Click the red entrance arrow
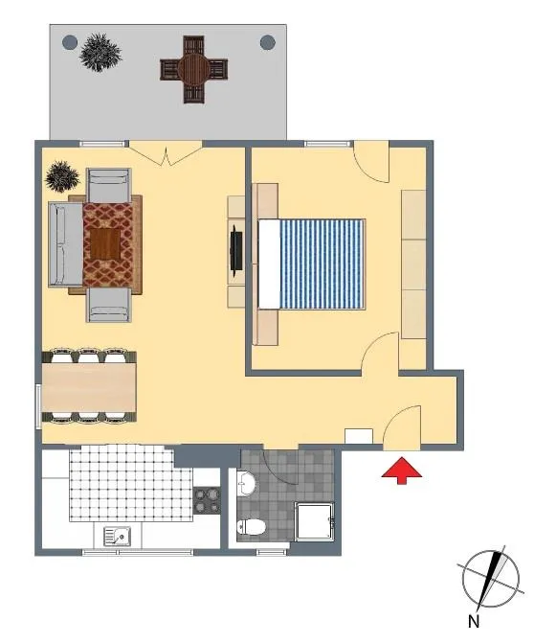pos(401,470)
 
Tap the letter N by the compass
pos(474,621)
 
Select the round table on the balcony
pos(193,69)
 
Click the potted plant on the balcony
pos(100,53)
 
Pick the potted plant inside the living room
pos(62,176)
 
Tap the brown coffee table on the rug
pos(105,244)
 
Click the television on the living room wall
pos(236,250)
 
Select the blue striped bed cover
pos(322,264)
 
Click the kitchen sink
pos(117,537)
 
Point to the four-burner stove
pos(207,500)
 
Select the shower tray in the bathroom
pos(315,522)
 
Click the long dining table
pos(89,387)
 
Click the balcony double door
pos(166,152)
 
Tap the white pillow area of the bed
pos(270,264)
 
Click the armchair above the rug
pos(109,185)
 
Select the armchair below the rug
pos(109,305)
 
